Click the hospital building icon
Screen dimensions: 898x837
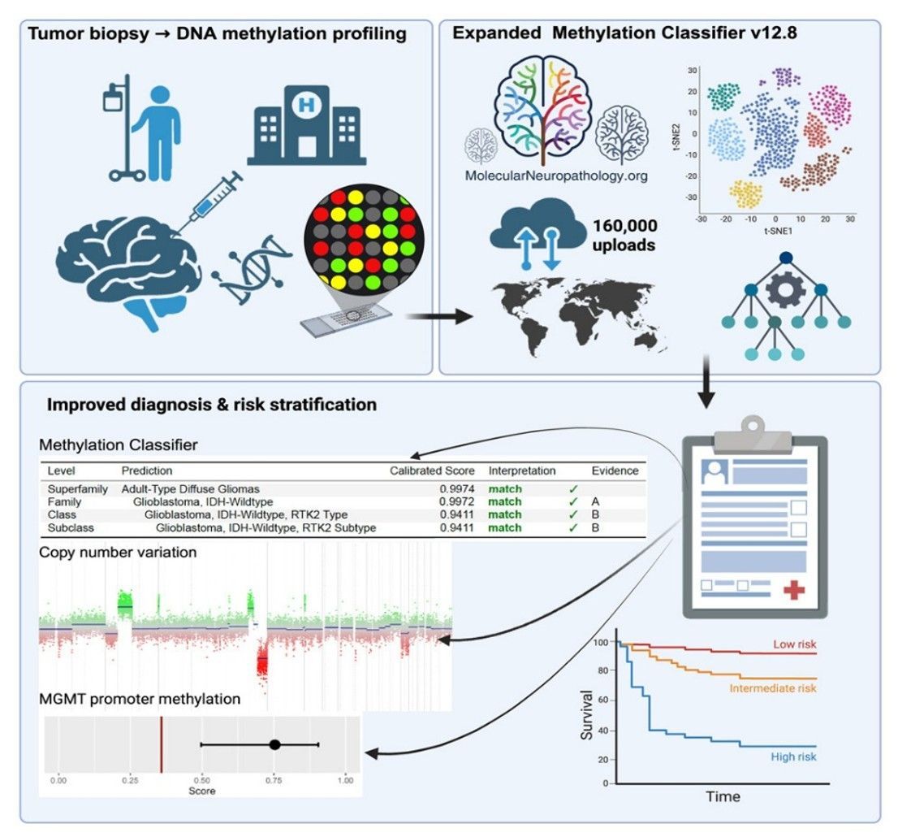click(x=306, y=125)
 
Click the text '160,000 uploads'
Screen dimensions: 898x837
click(x=624, y=235)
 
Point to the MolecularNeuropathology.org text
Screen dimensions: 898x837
click(x=556, y=176)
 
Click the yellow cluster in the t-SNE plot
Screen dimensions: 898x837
click(x=746, y=193)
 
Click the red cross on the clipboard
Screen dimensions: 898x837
click(x=794, y=589)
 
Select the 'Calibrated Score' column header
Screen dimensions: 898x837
click(x=432, y=471)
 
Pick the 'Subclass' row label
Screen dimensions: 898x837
click(x=71, y=528)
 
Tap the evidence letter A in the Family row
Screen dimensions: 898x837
click(x=596, y=501)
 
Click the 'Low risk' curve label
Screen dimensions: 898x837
click(x=794, y=644)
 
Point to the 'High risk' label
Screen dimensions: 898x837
click(x=793, y=757)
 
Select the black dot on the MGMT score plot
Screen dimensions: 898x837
click(x=275, y=744)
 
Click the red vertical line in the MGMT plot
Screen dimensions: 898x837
click(x=162, y=744)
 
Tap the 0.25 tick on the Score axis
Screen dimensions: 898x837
click(x=130, y=780)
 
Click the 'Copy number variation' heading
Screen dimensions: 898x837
click(x=118, y=552)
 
